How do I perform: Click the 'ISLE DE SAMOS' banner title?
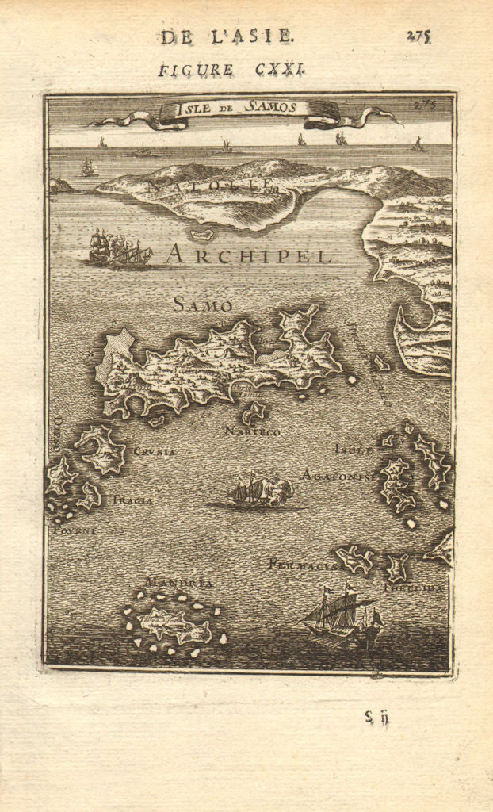pos(235,108)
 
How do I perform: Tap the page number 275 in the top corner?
pos(418,36)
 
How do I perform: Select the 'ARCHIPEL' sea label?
pos(249,256)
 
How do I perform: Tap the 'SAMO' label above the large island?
pos(202,304)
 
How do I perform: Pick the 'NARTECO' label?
pos(252,431)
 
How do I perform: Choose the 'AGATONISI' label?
pos(336,475)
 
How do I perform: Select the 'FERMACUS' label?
pos(302,565)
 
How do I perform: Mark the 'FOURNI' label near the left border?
pos(73,530)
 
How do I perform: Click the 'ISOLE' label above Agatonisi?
pos(353,449)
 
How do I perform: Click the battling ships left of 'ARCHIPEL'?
pos(120,249)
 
